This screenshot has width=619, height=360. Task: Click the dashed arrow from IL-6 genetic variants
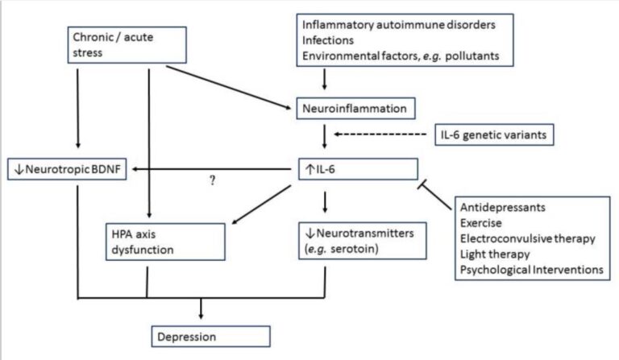coord(384,134)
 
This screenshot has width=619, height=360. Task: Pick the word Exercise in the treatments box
coord(483,223)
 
